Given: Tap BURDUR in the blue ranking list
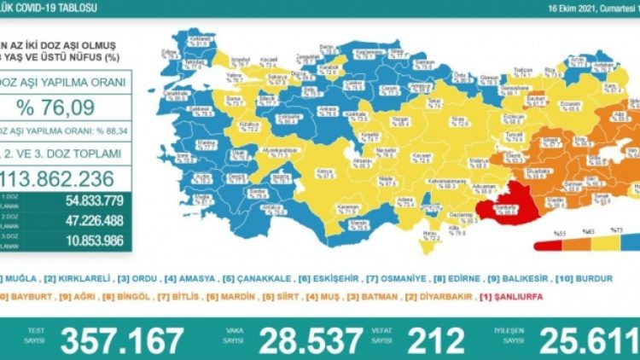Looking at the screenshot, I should (x=613, y=280).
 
